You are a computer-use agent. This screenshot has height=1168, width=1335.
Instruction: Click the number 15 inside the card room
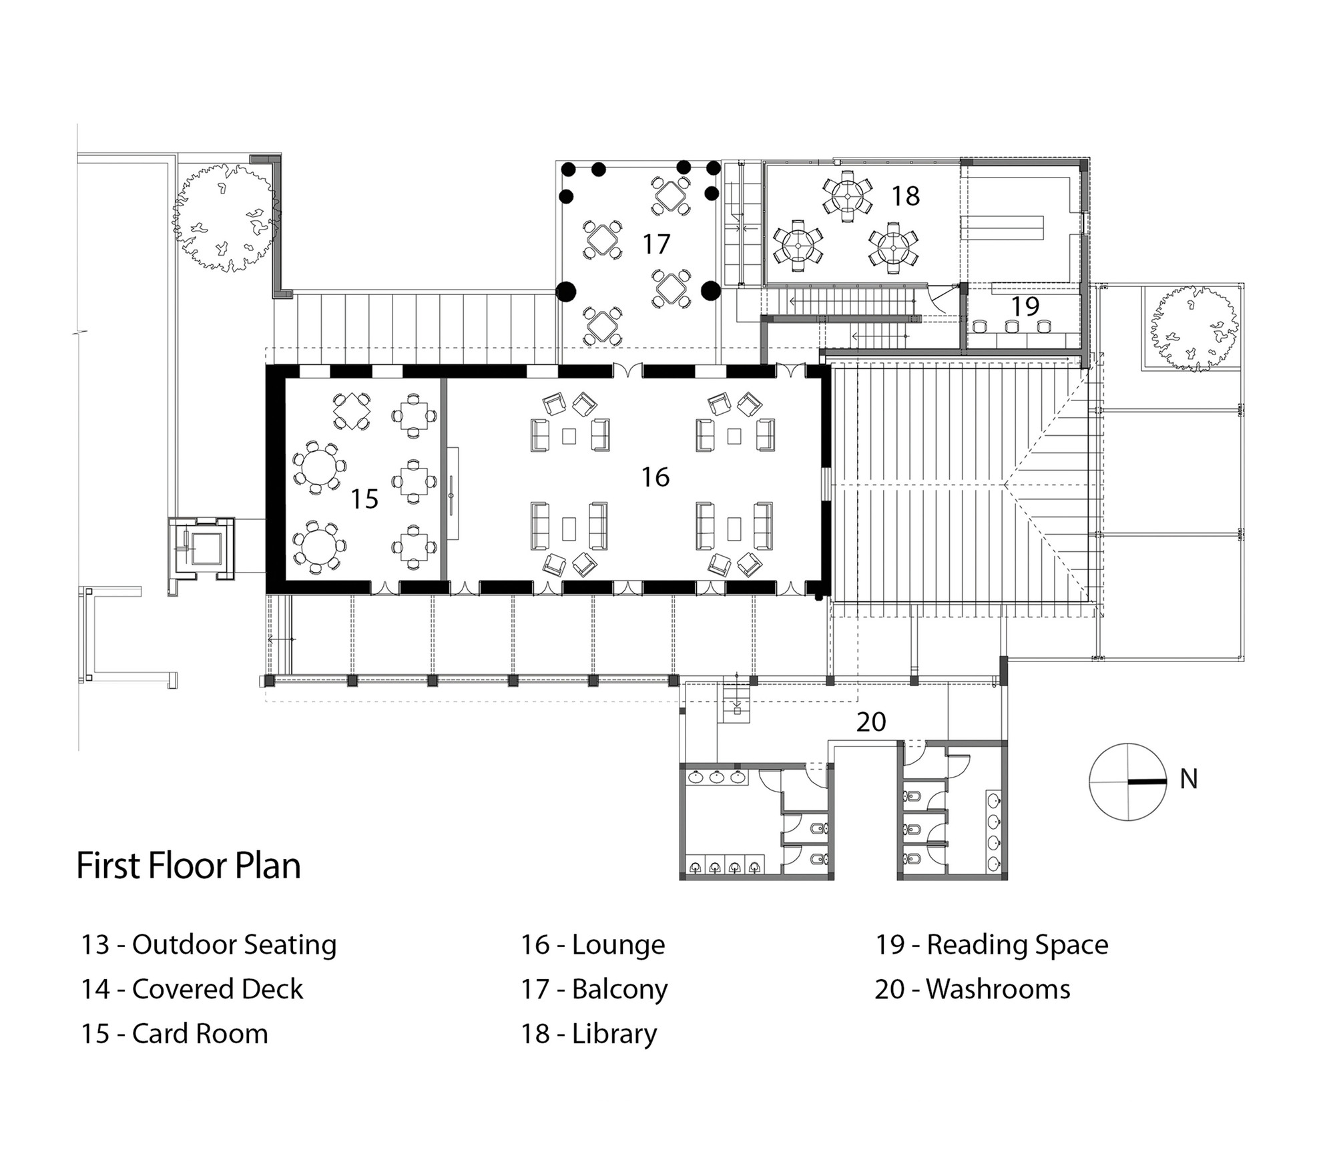[x=364, y=499]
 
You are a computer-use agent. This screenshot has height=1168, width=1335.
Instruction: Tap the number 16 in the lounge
[x=655, y=477]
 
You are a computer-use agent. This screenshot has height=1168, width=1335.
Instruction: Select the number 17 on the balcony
[x=656, y=244]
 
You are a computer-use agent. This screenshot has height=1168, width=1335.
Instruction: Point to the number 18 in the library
[x=906, y=196]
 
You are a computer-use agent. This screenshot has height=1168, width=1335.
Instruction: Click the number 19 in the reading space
[x=1025, y=306]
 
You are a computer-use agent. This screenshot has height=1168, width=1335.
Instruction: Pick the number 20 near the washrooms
[x=871, y=721]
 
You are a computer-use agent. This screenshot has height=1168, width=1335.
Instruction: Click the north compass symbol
[x=1128, y=782]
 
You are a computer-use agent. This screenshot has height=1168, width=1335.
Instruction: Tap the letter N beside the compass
[x=1189, y=779]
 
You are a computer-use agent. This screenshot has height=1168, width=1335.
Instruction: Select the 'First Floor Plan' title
[x=189, y=866]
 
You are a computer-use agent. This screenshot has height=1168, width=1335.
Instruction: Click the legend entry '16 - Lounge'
[x=593, y=945]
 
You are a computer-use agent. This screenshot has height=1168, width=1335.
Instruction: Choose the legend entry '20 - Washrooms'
[x=973, y=989]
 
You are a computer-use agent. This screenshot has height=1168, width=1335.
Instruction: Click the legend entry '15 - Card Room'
[x=175, y=1034]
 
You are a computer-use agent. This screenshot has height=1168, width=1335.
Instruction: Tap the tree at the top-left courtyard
[x=227, y=217]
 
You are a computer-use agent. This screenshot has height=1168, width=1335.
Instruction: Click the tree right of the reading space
[x=1193, y=328]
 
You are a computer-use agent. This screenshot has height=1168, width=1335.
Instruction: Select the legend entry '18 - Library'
[x=589, y=1034]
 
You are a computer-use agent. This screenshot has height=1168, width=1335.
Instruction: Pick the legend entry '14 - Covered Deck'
[x=192, y=989]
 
